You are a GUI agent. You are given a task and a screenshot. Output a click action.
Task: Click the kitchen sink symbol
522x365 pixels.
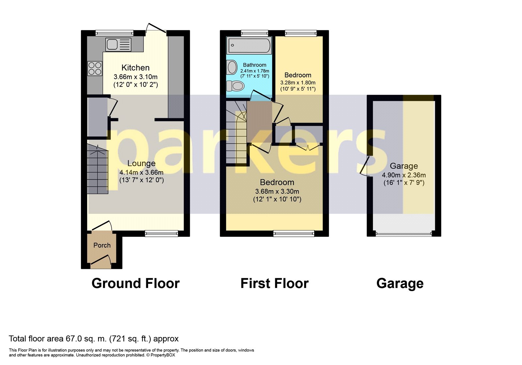(x=118, y=44)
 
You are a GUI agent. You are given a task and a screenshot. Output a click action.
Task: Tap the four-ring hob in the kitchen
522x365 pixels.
(x=95, y=68)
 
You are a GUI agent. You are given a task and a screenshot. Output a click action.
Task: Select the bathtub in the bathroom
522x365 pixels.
(x=249, y=45)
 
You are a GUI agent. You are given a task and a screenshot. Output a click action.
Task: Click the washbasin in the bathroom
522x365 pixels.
(x=232, y=68)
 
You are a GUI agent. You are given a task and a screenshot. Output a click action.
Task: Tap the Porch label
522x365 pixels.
(x=102, y=245)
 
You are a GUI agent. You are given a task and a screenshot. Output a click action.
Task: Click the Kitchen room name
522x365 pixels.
(x=135, y=68)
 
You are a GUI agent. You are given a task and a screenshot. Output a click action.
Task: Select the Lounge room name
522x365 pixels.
(x=141, y=163)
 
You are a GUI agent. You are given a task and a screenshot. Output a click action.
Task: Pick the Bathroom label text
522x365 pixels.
(x=254, y=65)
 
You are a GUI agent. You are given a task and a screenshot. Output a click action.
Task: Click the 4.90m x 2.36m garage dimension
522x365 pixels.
(x=404, y=175)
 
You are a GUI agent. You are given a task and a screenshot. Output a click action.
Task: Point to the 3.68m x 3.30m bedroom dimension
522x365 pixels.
(x=277, y=191)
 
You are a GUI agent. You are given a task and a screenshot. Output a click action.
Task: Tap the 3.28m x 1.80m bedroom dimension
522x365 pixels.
(x=298, y=83)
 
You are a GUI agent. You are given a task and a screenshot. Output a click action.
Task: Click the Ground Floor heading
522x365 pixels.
(x=135, y=283)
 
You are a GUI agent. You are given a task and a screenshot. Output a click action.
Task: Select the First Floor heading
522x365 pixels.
(x=274, y=283)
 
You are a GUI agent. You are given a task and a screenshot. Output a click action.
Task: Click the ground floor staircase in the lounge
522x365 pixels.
(x=98, y=171)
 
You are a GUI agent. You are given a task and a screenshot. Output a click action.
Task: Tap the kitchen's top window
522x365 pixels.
(x=115, y=33)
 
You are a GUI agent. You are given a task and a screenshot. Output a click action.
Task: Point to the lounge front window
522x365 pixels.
(x=161, y=233)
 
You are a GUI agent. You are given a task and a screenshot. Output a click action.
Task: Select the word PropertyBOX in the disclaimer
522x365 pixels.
(x=163, y=355)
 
